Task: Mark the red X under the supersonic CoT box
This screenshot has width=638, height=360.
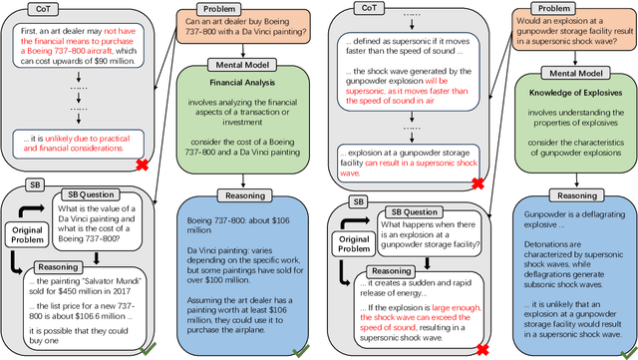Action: [x=480, y=183]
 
